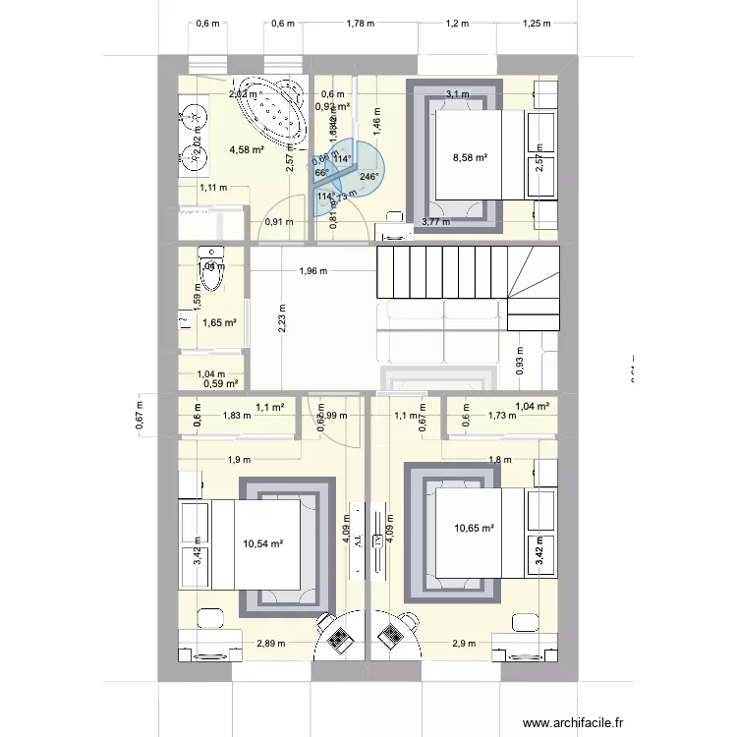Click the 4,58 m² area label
tap(246, 150)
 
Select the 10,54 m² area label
tap(263, 542)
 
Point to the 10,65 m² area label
tap(474, 529)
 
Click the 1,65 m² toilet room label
tap(219, 322)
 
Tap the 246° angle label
tap(369, 177)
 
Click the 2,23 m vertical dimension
tap(283, 318)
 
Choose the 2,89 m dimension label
tap(270, 644)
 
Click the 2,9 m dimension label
tap(466, 644)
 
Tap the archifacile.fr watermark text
tap(574, 722)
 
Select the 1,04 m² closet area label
tap(532, 406)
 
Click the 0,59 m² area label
tap(220, 384)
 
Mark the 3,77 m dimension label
tap(435, 222)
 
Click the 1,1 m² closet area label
tap(270, 406)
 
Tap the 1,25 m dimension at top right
tap(538, 24)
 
